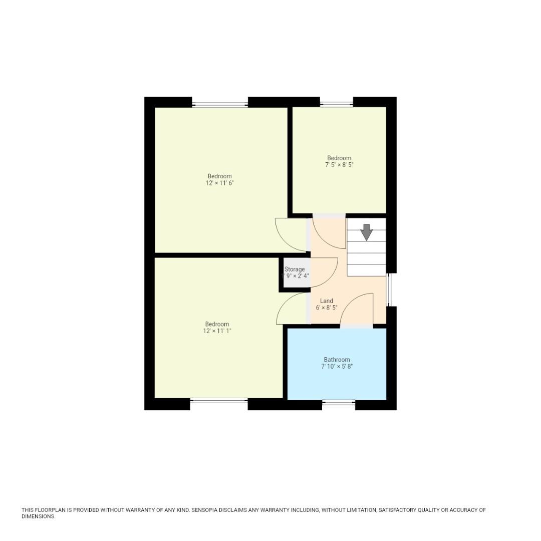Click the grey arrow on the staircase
pos(367,232)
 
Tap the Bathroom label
pos(337,360)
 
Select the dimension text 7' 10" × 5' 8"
pos(337,367)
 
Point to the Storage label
pos(295,269)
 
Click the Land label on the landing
pos(327,301)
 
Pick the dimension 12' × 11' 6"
pos(219,183)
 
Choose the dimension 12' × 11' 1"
pos(217,331)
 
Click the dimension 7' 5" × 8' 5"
pos(339,165)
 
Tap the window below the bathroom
pos(339,402)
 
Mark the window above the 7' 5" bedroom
pos(337,104)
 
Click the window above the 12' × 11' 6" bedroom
pos(220,105)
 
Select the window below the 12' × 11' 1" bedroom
pos(219,400)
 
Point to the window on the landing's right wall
pos(390,290)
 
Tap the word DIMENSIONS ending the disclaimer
pos(38,516)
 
